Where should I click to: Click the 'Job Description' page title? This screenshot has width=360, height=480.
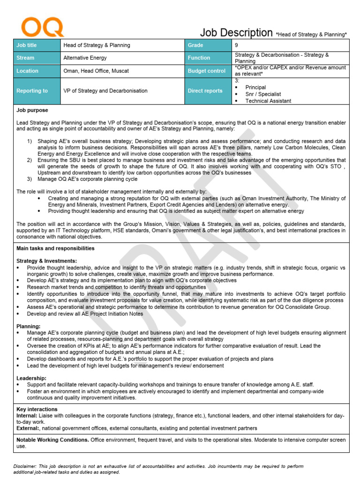(236, 32)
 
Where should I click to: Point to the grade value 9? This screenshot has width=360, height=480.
(236, 45)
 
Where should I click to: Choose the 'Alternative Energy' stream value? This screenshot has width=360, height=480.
(85, 58)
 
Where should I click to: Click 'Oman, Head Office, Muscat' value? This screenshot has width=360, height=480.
(96, 71)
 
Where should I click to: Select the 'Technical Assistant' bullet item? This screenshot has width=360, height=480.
(268, 101)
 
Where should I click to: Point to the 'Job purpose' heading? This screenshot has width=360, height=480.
(32, 111)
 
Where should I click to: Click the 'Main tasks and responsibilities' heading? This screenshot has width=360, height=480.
(55, 248)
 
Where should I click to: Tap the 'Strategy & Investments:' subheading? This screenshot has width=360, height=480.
(47, 261)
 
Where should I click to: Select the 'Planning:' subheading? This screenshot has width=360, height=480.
(29, 326)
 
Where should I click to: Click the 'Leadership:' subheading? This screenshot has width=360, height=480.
(31, 378)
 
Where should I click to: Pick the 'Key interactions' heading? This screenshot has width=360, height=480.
(37, 409)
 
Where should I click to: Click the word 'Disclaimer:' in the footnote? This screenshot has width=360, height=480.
(26, 466)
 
